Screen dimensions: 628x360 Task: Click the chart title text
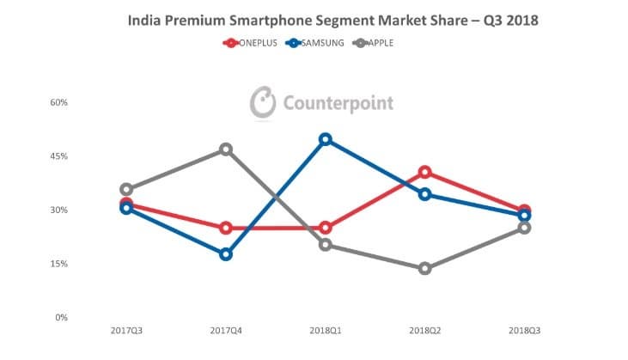pyautogui.click(x=332, y=20)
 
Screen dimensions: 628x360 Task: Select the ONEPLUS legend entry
pyautogui.click(x=250, y=43)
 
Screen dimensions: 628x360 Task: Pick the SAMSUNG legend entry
pyautogui.click(x=314, y=43)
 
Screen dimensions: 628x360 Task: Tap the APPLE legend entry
pyautogui.click(x=373, y=43)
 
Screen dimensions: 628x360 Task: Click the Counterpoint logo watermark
pyautogui.click(x=321, y=102)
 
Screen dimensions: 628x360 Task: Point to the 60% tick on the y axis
pyautogui.click(x=59, y=102)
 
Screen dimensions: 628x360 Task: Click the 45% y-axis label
pyautogui.click(x=59, y=156)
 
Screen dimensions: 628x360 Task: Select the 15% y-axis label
pyautogui.click(x=59, y=264)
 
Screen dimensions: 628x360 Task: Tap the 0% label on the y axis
pyautogui.click(x=61, y=318)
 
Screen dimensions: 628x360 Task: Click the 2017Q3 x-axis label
pyautogui.click(x=126, y=331)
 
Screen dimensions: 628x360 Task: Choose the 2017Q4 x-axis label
pyautogui.click(x=226, y=331)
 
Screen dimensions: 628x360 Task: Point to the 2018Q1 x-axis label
pyautogui.click(x=326, y=331)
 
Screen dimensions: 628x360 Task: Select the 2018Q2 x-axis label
pyautogui.click(x=425, y=331)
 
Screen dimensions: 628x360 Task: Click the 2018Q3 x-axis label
pyautogui.click(x=525, y=331)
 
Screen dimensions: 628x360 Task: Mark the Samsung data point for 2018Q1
pyautogui.click(x=326, y=140)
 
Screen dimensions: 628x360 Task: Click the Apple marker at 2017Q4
pyautogui.click(x=226, y=149)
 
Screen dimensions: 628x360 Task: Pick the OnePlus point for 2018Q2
pyautogui.click(x=425, y=173)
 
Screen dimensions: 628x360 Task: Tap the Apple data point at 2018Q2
pyautogui.click(x=425, y=268)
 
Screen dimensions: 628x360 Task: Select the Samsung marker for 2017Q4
pyautogui.click(x=226, y=254)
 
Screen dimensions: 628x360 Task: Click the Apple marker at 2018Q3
pyautogui.click(x=525, y=229)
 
